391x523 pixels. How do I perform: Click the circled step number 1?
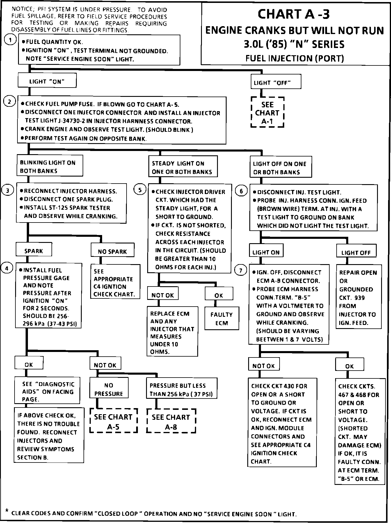[10, 40]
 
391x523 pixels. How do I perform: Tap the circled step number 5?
[140, 190]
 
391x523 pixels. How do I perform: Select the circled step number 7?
[241, 271]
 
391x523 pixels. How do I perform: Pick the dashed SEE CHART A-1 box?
[267, 112]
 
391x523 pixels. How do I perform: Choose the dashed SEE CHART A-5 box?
[113, 421]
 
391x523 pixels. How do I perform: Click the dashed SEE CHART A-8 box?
[171, 421]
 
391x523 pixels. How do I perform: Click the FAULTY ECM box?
[222, 318]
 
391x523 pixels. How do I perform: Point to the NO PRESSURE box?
[109, 389]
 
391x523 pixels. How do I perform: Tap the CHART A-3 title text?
[294, 14]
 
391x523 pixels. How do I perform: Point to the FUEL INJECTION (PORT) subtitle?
[294, 58]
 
